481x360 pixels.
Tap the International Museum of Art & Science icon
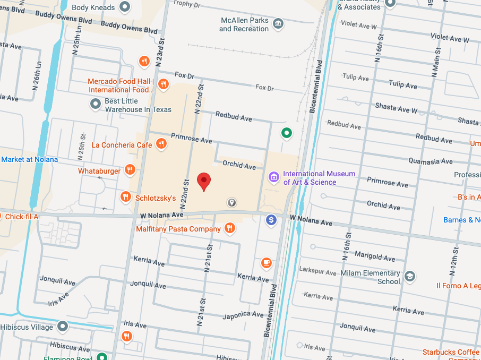pos(273,177)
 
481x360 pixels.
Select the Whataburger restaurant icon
pos(130,170)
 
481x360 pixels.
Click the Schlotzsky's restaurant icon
pos(125,197)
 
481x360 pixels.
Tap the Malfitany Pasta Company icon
pos(229,228)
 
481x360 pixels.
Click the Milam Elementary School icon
pos(409,276)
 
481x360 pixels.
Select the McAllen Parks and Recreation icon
pos(277,24)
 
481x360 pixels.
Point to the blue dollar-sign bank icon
pos(271,219)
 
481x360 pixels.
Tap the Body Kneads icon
pos(125,7)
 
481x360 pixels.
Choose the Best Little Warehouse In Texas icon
pos(96,104)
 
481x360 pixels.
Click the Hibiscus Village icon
pos(63,326)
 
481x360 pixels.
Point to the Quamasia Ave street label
pos(431,161)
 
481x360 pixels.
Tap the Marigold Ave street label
pos(374,257)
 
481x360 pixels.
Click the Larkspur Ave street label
pos(318,272)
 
